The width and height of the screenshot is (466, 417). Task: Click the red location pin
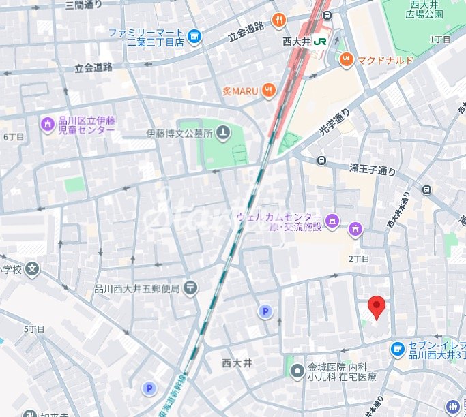click(x=376, y=307)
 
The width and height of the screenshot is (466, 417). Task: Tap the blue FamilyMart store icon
click(x=195, y=37)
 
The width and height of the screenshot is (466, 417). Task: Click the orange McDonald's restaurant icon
click(x=346, y=60)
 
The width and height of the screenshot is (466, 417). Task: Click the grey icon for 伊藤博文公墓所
click(x=223, y=133)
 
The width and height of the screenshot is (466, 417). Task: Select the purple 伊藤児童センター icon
click(x=47, y=125)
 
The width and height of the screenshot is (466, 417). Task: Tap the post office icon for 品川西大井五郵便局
click(x=190, y=288)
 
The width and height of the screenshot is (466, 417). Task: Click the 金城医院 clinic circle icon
click(x=297, y=371)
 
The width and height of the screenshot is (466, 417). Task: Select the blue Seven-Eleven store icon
click(x=398, y=349)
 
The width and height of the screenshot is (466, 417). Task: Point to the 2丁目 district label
click(x=358, y=259)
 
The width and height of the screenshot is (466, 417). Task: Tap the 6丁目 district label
click(x=14, y=136)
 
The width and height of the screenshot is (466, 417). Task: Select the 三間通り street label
click(x=83, y=5)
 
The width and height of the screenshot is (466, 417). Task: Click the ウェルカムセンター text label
click(x=278, y=217)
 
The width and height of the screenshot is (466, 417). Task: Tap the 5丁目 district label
click(x=34, y=329)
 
